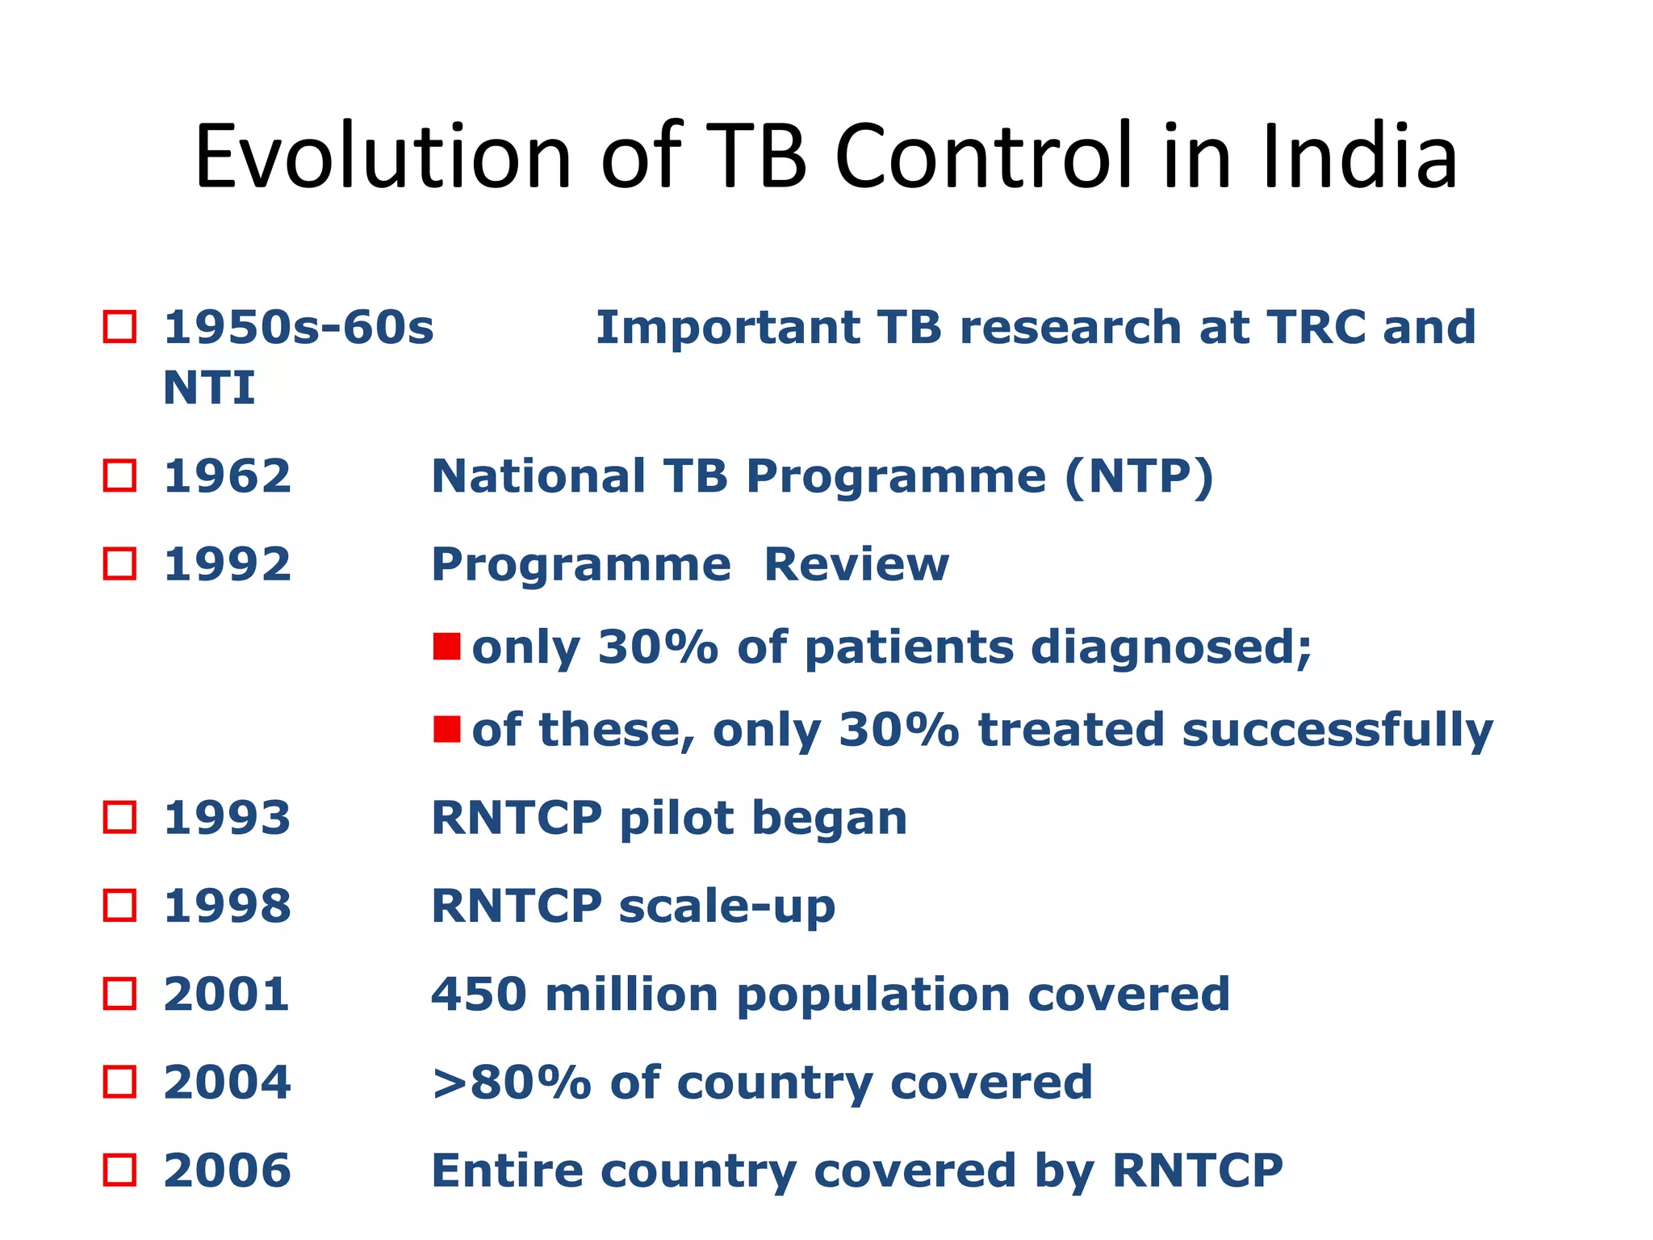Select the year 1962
[227, 475]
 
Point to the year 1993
[227, 818]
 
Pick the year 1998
[227, 906]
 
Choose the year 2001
[227, 994]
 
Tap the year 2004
[227, 1082]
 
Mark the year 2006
[227, 1170]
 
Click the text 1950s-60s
[299, 328]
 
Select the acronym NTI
[209, 387]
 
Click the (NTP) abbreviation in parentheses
[1139, 476]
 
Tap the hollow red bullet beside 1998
[120, 906]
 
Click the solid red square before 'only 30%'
[446, 646]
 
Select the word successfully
[1337, 731]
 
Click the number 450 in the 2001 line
[479, 994]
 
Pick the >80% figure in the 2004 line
[511, 1082]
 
